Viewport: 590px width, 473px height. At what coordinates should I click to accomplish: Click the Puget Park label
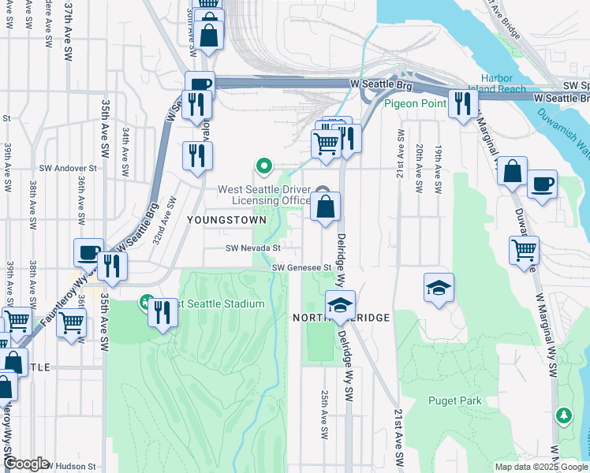pyautogui.click(x=454, y=400)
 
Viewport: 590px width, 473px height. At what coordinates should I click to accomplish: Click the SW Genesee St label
pyautogui.click(x=301, y=268)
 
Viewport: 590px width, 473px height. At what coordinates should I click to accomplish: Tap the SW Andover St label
pyautogui.click(x=70, y=168)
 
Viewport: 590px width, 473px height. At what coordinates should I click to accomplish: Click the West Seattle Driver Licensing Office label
pyautogui.click(x=263, y=195)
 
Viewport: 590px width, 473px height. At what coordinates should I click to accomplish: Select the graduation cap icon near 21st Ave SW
pyautogui.click(x=439, y=288)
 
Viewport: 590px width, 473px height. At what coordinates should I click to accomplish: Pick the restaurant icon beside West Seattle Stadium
pyautogui.click(x=163, y=313)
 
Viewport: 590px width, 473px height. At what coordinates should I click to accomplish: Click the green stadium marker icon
pyautogui.click(x=146, y=301)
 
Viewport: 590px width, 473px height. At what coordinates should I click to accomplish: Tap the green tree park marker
pyautogui.click(x=563, y=415)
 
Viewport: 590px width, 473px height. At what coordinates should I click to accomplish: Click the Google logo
pyautogui.click(x=26, y=464)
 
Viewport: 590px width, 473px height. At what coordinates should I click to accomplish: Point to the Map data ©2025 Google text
pyautogui.click(x=541, y=467)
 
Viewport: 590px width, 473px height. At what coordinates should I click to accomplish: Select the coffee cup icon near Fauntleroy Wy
pyautogui.click(x=88, y=253)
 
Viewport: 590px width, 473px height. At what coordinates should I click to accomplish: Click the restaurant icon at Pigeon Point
pyautogui.click(x=461, y=102)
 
